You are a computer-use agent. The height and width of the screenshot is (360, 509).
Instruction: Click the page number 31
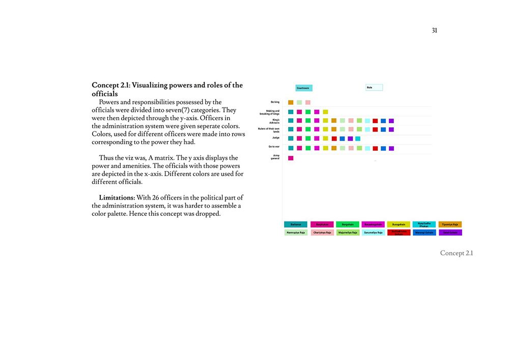[434, 31]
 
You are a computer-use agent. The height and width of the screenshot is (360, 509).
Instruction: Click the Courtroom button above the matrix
[303, 88]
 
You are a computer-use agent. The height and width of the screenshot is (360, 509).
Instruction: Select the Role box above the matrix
[374, 88]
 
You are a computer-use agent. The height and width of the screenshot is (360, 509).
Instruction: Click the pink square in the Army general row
[291, 158]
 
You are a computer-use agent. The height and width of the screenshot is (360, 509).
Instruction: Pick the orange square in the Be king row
[291, 102]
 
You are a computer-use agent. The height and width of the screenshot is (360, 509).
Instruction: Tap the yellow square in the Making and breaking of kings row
[325, 112]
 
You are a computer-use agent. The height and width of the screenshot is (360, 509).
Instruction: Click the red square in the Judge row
[334, 139]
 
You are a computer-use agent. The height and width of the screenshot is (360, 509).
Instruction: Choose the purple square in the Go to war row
[391, 148]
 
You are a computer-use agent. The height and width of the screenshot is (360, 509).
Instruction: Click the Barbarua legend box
[296, 225]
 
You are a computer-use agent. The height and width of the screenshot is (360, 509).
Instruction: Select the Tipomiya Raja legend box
[450, 225]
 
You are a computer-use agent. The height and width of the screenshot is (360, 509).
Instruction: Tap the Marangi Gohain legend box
[424, 233]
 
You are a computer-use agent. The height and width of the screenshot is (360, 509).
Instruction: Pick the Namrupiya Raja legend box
[296, 233]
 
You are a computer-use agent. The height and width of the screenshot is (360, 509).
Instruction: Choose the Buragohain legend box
[399, 225]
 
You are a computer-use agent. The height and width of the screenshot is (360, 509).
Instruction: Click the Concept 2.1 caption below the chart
[456, 253]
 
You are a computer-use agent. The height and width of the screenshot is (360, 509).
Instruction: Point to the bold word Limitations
[117, 197]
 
